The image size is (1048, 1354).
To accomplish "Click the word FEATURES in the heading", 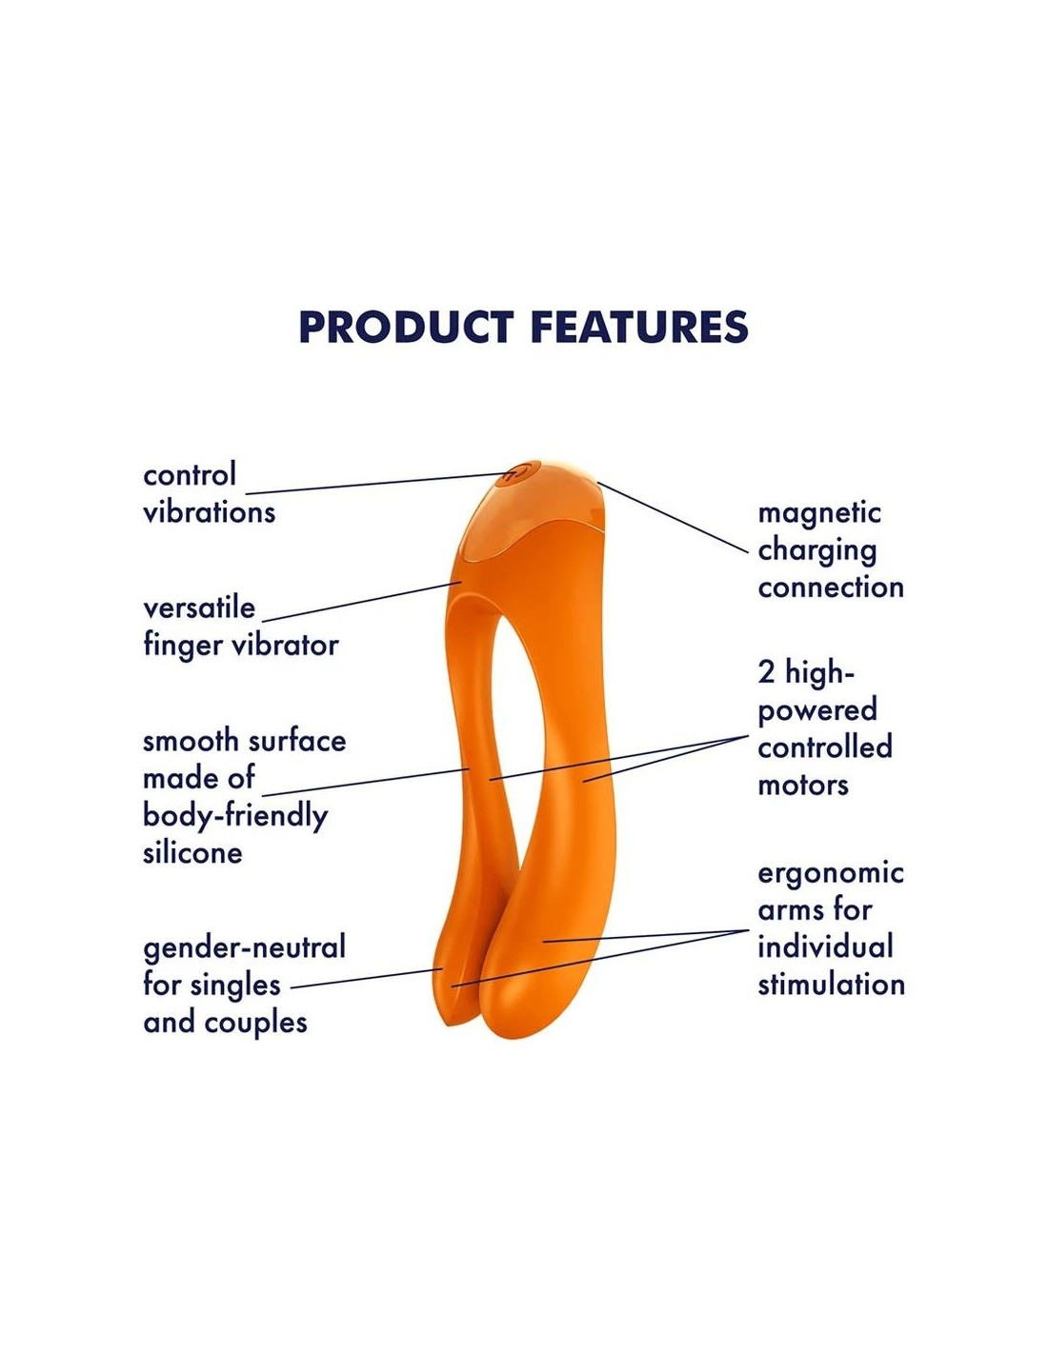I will pos(638,328).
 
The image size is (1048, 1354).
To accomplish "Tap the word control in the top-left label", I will pos(190,474).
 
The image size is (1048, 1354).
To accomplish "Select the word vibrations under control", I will pos(209,512).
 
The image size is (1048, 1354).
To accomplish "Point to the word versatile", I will pos(199,607).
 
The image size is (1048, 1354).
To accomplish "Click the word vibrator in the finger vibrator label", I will pos(286,645).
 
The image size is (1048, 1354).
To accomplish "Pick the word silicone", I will pos(192,852).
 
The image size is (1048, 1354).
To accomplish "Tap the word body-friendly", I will pos(235,816).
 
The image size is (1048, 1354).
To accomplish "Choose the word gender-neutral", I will pos(244,947).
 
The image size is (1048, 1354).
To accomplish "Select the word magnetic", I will pos(819,513).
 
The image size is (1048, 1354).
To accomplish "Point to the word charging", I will pos(816,550).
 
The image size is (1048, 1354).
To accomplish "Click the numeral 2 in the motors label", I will pos(767,672).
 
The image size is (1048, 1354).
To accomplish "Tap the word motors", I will pos(802,785).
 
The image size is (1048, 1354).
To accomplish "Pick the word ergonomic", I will pos(831,872).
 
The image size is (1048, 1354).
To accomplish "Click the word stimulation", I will pos(831,984).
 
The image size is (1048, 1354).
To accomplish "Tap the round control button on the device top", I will pos(515,472).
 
